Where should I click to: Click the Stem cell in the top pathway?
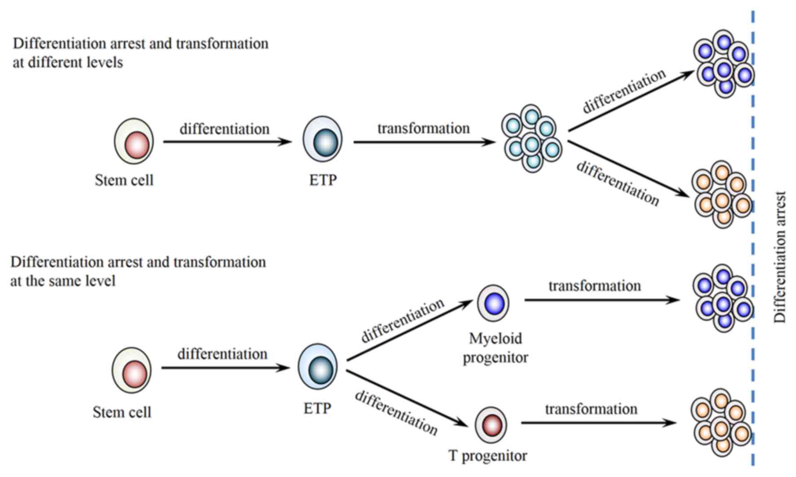pos(133,141)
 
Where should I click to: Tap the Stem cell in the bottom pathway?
pos(132,370)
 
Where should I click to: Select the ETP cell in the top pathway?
pos(323,139)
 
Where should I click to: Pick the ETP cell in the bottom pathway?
pos(318,367)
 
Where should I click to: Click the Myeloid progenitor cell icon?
pos(493,303)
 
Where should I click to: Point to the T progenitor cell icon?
pos(491,425)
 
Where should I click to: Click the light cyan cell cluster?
pos(531,139)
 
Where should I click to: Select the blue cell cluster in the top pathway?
pos(724,64)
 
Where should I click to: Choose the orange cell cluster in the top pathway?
pos(721,194)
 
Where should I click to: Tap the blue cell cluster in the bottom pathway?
pos(723,299)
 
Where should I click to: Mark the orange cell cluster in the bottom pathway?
pos(721,423)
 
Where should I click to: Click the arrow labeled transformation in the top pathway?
pos(424,142)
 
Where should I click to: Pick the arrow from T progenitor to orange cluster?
pos(599,423)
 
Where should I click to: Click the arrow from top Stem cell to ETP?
pos(227,142)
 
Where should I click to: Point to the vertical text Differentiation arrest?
pos(780,257)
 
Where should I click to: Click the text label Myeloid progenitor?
pos(495,348)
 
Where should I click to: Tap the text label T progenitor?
pos(488,456)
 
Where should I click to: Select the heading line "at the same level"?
pos(63,281)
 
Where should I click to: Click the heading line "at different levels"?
pos(68,62)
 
